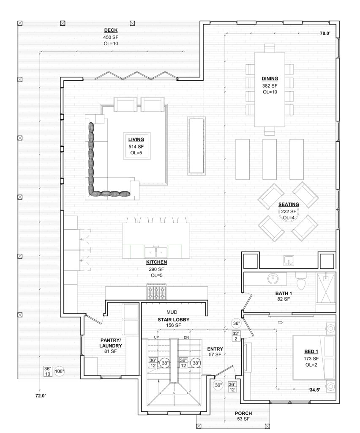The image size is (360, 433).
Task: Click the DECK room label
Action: point(111,30)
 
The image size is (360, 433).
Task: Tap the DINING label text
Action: point(270,79)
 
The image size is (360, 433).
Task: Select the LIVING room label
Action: point(136,140)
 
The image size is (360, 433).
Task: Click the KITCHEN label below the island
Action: point(156,262)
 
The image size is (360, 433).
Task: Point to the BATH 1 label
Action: point(284,293)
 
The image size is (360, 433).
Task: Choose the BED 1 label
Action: point(311,351)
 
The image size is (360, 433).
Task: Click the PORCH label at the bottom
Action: point(243,414)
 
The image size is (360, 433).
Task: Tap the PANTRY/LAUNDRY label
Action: point(111,343)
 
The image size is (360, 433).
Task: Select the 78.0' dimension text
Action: point(325,33)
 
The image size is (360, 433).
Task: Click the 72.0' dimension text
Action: point(41,396)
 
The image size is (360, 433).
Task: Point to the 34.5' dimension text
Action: point(314,390)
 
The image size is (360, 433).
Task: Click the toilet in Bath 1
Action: point(301,281)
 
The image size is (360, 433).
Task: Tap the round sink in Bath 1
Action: point(273,279)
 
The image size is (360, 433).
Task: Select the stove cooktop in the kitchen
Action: point(156,292)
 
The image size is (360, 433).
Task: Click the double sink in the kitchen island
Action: point(156,252)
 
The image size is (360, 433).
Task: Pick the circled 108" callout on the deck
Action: point(59,371)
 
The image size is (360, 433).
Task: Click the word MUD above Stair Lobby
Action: point(172,312)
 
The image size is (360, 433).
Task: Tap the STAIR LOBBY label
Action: point(174,320)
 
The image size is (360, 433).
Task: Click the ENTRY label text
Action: point(215,349)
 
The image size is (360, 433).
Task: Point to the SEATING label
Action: point(289,205)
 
